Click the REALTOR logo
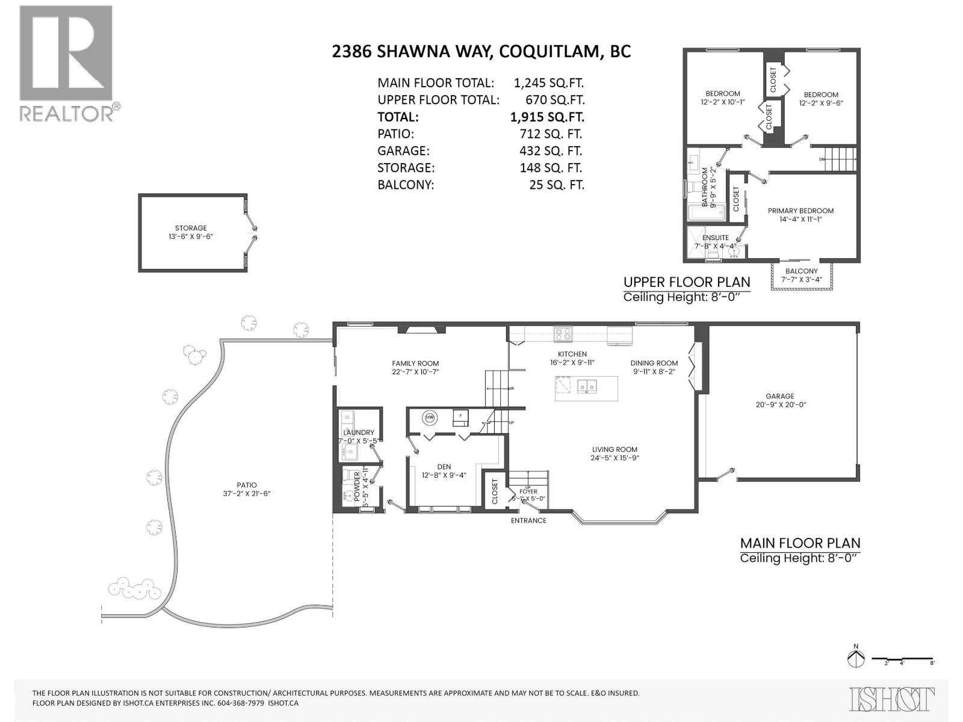click(x=66, y=63)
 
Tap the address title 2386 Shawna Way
click(x=481, y=51)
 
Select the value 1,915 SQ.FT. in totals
click(x=547, y=117)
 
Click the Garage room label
click(x=779, y=396)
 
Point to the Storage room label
click(x=191, y=228)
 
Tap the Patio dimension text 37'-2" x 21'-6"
click(x=247, y=494)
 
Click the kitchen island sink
click(x=587, y=386)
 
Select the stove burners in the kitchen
click(x=563, y=334)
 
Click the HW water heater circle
click(x=430, y=418)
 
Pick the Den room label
click(x=444, y=467)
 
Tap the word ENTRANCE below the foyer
click(x=528, y=520)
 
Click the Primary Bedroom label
click(x=800, y=211)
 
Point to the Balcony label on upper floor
click(x=801, y=271)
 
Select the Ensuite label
click(x=716, y=238)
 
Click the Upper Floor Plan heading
click(x=687, y=282)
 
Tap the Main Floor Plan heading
click(x=800, y=543)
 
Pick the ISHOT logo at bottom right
click(x=892, y=699)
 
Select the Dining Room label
click(x=654, y=363)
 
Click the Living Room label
click(x=614, y=449)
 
